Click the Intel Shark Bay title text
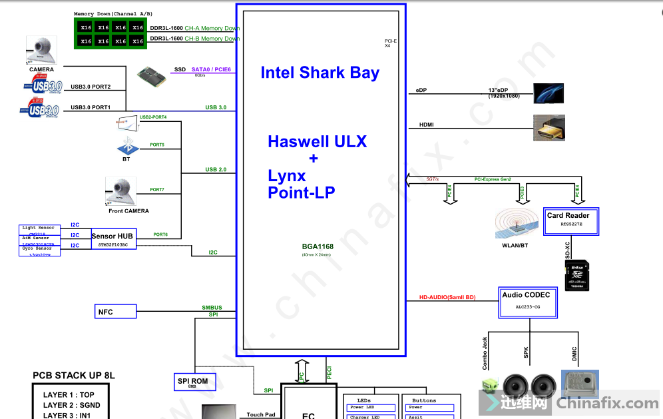click(320, 73)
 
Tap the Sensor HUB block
click(113, 240)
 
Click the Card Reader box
click(572, 220)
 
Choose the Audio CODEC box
click(528, 302)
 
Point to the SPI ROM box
click(192, 382)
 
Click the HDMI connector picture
click(549, 127)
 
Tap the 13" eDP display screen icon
click(549, 93)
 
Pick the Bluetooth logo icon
click(126, 145)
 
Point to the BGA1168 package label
click(317, 247)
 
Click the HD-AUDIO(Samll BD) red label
click(447, 297)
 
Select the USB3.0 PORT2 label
click(91, 87)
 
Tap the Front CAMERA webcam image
click(121, 191)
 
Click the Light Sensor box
click(39, 228)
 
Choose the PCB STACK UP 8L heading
click(74, 376)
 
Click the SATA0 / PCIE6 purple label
click(211, 69)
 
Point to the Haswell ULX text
click(317, 141)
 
